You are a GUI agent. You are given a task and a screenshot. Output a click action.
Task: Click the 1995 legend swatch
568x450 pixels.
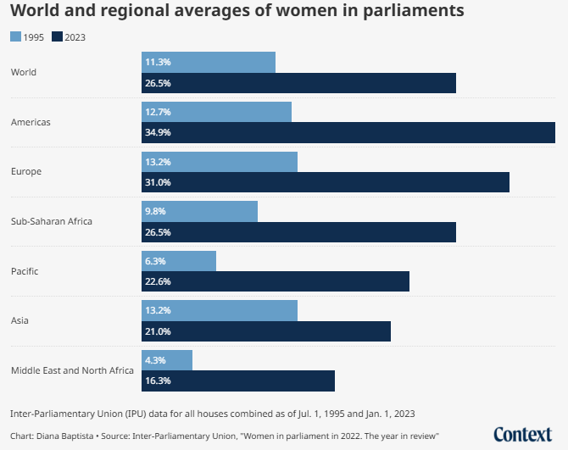pos(16,37)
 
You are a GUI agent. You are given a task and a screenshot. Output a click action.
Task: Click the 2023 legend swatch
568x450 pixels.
pos(57,37)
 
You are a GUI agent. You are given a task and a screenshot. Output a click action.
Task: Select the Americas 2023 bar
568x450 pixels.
pos(348,132)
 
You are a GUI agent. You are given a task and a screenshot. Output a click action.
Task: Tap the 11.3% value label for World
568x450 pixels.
pos(158,63)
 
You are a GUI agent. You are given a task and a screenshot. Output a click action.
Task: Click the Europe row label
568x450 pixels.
pos(25,171)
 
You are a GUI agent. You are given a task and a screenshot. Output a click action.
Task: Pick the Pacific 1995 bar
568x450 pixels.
pos(179,261)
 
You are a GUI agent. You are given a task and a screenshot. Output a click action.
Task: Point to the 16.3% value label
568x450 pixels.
pos(158,381)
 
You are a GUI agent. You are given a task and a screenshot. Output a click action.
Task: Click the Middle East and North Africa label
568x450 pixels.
pos(72,370)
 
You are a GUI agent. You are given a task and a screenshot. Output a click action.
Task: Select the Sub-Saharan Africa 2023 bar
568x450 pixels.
pos(298,232)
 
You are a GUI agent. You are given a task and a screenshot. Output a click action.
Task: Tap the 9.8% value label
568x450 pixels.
pos(155,212)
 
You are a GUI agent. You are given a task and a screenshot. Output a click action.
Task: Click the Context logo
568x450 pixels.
pos(522,434)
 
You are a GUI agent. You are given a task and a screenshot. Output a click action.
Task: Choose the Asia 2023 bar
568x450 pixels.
pos(266,331)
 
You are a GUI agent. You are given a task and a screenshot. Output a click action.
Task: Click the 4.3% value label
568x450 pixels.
pos(155,361)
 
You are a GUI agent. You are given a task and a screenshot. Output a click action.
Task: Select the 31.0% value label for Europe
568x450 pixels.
pos(158,182)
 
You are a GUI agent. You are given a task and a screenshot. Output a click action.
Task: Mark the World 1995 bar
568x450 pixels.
pos(209,62)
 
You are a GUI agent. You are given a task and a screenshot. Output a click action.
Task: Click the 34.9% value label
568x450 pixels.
pos(158,133)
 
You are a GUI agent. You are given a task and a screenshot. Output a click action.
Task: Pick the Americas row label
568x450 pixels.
pos(31,122)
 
